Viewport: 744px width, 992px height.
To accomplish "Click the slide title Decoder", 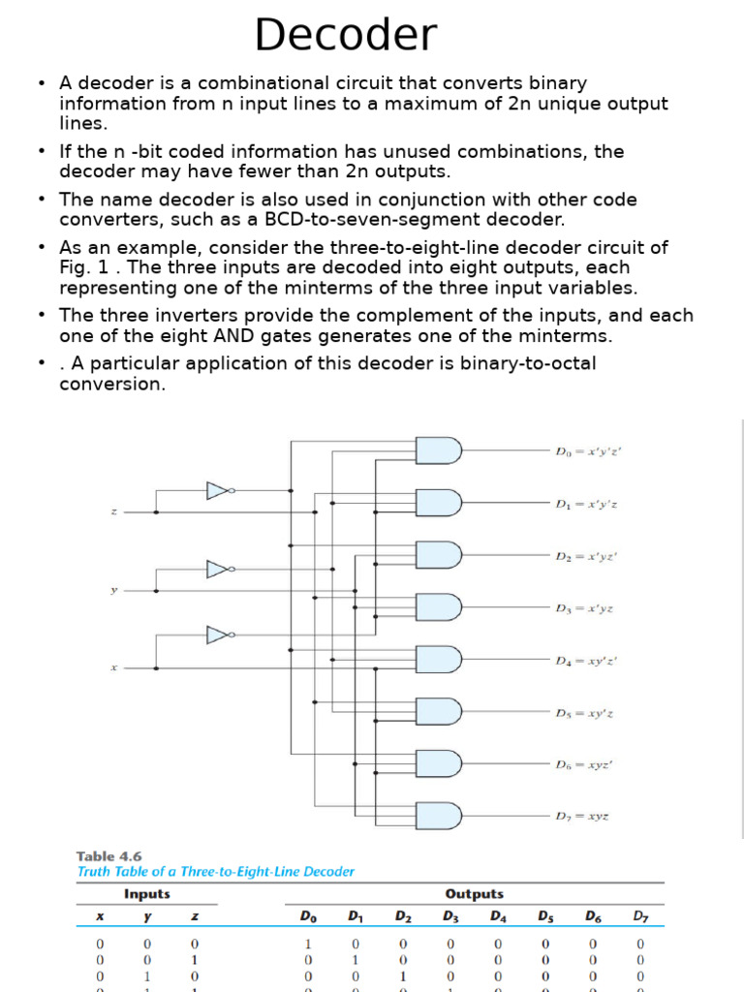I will click(345, 36).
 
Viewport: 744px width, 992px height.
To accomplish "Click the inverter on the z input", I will click(220, 491).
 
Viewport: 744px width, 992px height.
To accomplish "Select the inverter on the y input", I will click(220, 569).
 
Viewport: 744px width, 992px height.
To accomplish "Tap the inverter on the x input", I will click(220, 635).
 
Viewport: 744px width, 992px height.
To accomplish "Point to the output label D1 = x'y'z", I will click(586, 504).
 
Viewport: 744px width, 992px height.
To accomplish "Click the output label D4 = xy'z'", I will click(586, 661).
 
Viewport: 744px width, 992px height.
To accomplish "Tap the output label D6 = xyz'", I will click(583, 764).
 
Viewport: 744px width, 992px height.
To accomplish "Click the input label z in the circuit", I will click(113, 511).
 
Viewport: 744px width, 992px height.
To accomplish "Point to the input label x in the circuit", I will click(113, 667).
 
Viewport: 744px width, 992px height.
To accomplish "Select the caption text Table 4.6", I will click(108, 856).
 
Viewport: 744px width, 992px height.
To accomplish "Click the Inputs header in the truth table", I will click(147, 894).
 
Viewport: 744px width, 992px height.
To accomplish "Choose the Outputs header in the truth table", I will click(474, 894).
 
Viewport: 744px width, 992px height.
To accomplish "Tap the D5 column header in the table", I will click(545, 916).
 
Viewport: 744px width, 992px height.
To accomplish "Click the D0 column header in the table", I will click(307, 916).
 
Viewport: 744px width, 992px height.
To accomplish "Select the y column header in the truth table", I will click(147, 916).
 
